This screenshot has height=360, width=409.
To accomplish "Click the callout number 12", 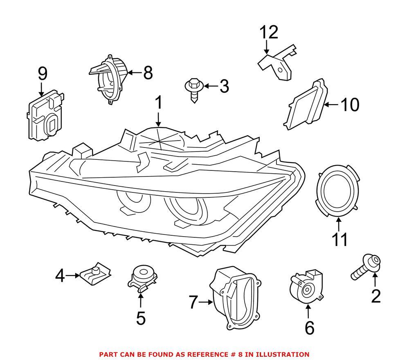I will point(269,32).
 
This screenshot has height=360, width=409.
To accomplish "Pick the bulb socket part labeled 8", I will point(109,80).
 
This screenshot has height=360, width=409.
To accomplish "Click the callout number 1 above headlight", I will point(158,103).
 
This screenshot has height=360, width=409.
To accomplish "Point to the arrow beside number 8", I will point(135,73).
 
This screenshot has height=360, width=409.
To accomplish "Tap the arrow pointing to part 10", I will point(331,105).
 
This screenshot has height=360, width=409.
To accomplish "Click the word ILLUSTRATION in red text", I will point(285,354).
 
